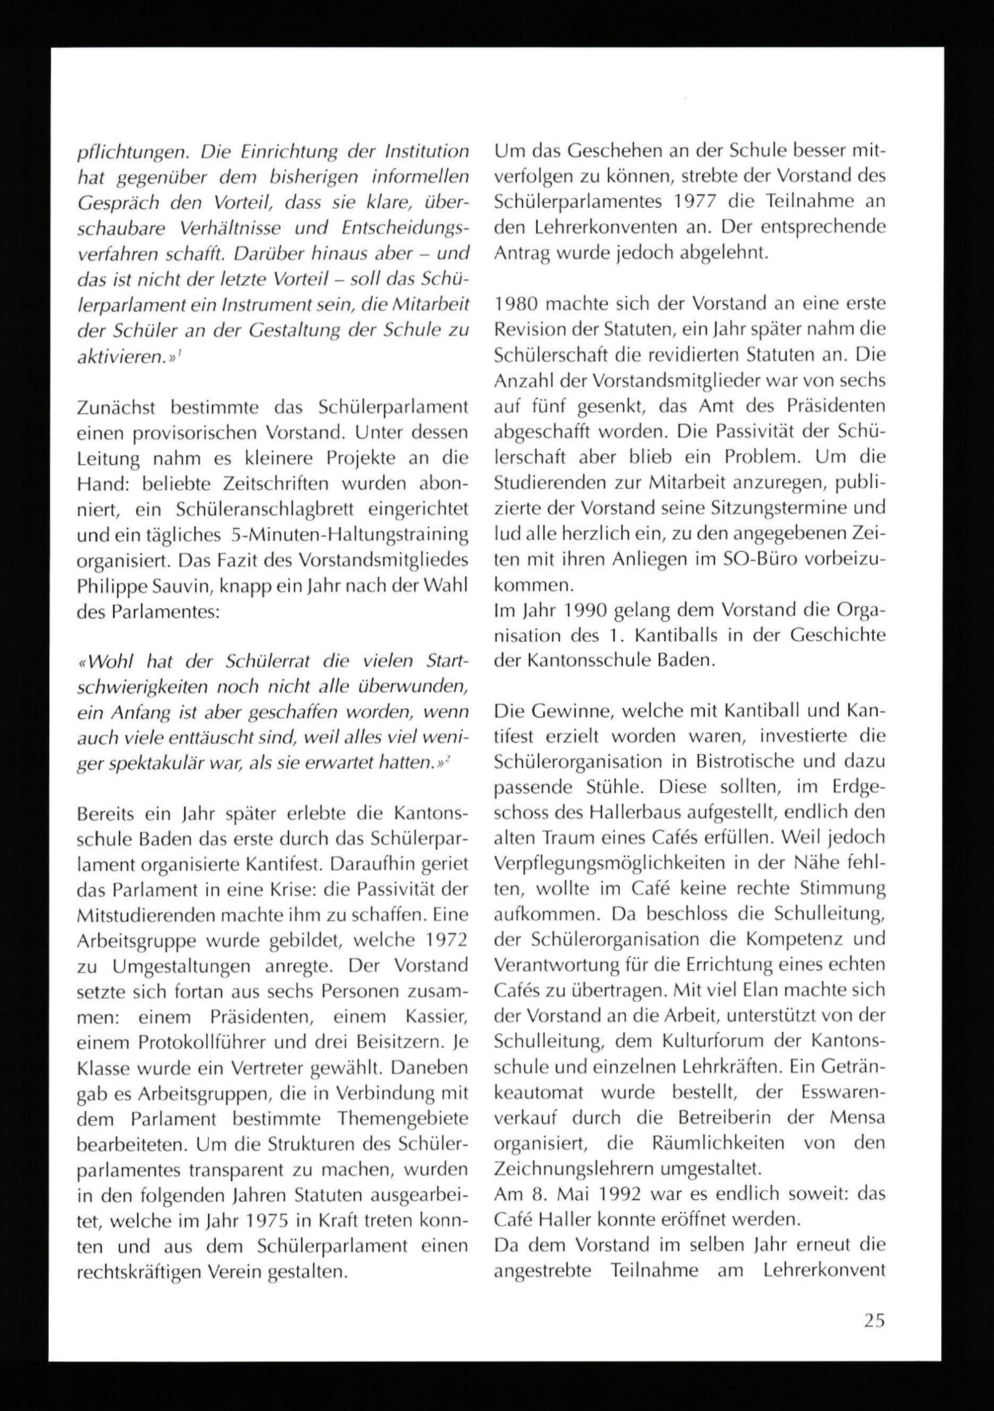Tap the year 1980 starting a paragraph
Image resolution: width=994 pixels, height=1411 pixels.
point(515,304)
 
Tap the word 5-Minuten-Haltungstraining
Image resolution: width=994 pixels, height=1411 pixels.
point(347,535)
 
